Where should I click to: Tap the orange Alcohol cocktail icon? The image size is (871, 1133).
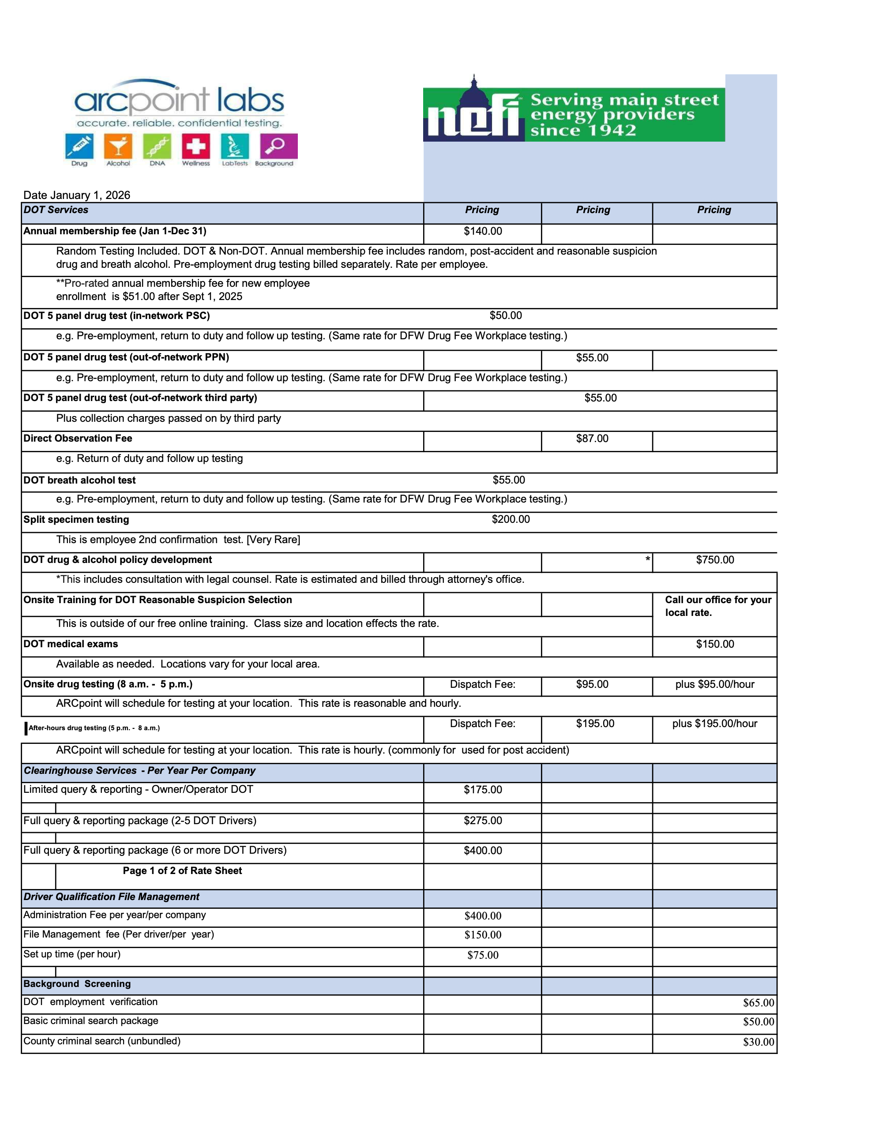(118, 146)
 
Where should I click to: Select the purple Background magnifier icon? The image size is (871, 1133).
(278, 146)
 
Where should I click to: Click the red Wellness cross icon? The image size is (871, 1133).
(196, 146)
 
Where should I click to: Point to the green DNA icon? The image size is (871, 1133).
(157, 146)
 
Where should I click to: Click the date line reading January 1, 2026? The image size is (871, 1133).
(77, 195)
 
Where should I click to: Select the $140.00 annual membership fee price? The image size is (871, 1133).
(483, 231)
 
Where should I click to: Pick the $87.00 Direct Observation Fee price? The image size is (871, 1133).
(592, 439)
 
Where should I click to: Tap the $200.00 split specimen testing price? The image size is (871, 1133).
(511, 519)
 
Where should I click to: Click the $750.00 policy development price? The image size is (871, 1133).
(715, 560)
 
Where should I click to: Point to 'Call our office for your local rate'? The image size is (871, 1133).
(717, 606)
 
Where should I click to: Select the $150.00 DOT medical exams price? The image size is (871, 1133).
(715, 644)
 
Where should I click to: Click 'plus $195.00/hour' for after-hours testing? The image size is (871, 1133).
(714, 724)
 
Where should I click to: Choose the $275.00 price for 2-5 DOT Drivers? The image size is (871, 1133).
(483, 821)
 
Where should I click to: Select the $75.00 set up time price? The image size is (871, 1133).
(483, 955)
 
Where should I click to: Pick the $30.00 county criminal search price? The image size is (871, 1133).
(758, 1042)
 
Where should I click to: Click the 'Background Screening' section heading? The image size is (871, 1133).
(77, 984)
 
